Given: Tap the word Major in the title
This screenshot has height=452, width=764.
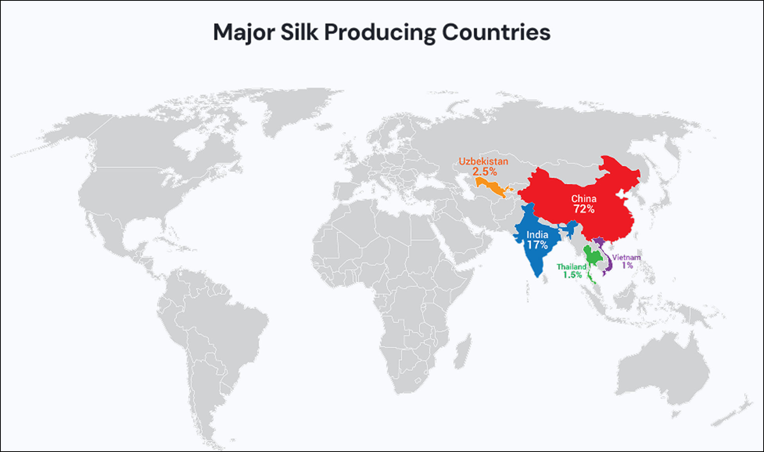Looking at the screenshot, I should tap(244, 32).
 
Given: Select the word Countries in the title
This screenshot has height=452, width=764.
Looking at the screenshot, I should tap(496, 32).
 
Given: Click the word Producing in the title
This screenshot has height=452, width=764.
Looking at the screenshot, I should tap(380, 33).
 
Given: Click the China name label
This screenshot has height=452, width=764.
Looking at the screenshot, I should tap(584, 199).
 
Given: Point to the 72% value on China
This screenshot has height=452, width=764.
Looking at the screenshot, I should tap(584, 209).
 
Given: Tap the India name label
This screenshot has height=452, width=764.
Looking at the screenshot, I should tap(537, 235).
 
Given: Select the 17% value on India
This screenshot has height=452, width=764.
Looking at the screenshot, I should tap(537, 245).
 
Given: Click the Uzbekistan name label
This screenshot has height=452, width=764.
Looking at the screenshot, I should tap(483, 161).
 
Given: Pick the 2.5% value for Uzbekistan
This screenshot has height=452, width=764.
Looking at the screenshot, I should tap(484, 171).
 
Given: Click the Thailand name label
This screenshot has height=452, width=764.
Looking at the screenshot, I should tap(571, 267).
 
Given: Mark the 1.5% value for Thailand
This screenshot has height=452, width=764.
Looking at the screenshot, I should tap(572, 275).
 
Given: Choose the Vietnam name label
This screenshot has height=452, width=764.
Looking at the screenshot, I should tap(626, 257).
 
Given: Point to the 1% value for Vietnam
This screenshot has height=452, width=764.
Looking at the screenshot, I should tap(627, 265).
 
